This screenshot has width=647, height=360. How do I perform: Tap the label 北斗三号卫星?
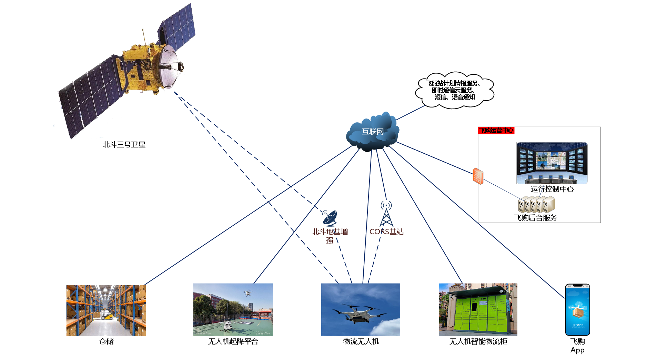(x=124, y=145)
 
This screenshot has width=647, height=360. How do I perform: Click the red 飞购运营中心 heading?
(x=496, y=131)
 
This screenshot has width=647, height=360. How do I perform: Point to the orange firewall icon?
(x=478, y=176)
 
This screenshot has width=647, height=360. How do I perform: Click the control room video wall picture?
(x=552, y=163)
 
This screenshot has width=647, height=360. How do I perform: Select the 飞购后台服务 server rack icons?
(x=536, y=204)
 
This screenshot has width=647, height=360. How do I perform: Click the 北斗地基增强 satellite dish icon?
(x=329, y=217)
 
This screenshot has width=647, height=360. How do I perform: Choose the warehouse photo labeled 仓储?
(x=106, y=310)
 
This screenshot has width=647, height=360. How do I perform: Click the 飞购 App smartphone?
(x=577, y=309)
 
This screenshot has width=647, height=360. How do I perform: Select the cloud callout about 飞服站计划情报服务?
(x=455, y=90)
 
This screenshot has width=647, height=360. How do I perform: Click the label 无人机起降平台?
(x=233, y=341)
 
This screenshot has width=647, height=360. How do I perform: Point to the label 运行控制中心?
(x=552, y=189)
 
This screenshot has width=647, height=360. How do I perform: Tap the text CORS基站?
(x=386, y=232)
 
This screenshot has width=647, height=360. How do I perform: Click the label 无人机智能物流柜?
(x=478, y=341)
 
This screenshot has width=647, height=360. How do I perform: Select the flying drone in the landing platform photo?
(x=247, y=293)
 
